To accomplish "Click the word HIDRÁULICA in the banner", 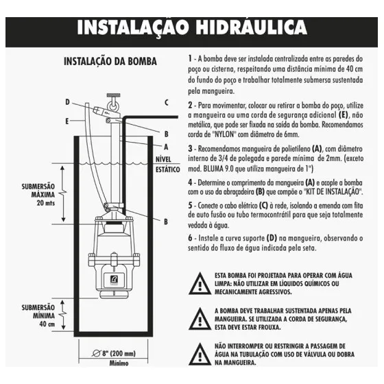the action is pos(251,27).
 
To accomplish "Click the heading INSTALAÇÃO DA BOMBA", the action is pos(110,61).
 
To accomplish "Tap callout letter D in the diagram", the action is pos(67,102).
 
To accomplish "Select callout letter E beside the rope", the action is pos(67,121).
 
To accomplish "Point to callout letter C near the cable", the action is pos(167,102).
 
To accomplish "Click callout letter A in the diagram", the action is pos(166,147).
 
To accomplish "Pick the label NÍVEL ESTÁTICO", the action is pos(168,165).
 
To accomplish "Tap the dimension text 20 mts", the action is pos(46,203).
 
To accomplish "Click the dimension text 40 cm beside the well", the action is pos(47,324).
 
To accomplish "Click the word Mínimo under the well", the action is pos(119,363).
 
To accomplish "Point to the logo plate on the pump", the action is pos(114,280).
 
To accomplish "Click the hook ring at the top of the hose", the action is pos(113,106).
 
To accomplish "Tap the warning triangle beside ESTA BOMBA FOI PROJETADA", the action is pos(200,284).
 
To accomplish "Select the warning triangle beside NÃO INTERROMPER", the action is pos(200,354).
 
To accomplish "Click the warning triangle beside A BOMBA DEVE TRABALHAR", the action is pos(200,319).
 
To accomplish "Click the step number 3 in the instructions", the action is pos(191,149).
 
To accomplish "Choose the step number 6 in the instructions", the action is pos(191,238).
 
